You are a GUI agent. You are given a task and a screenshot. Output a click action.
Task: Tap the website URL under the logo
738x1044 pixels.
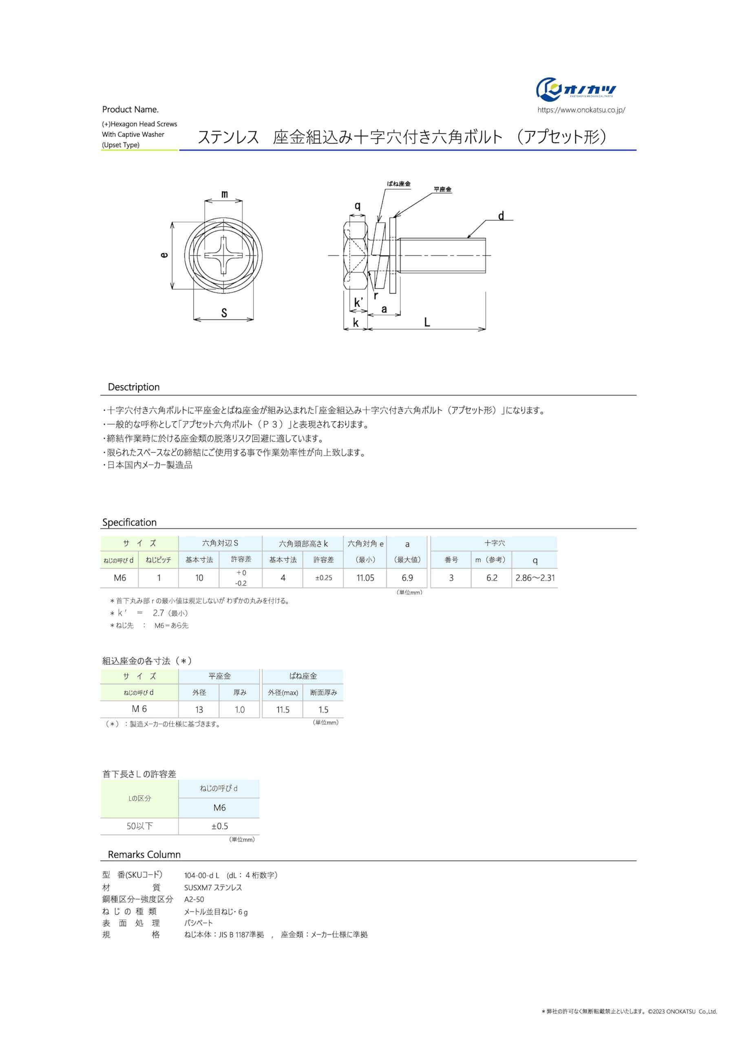tap(581, 110)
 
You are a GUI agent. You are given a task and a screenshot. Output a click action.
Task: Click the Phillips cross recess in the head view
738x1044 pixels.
tap(223, 256)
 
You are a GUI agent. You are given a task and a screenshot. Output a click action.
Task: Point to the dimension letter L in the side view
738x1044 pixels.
tap(426, 323)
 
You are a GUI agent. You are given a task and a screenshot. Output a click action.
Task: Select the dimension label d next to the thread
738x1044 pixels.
tap(501, 216)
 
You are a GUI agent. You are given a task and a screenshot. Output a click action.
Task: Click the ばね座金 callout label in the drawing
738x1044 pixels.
tap(398, 184)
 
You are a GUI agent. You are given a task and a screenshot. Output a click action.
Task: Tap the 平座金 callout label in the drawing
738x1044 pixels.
tap(442, 189)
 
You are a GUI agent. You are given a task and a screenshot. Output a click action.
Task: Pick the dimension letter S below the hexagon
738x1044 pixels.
tap(224, 313)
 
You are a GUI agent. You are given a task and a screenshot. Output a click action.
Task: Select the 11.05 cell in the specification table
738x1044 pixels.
tap(365, 578)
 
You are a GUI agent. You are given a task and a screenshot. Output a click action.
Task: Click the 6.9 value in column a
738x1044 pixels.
tap(407, 578)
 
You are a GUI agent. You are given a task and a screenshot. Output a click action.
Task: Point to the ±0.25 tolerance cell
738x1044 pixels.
tap(323, 578)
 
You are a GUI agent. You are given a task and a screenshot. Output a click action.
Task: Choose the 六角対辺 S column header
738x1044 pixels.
tap(220, 543)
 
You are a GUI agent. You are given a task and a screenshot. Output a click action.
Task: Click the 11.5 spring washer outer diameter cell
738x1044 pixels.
tap(283, 709)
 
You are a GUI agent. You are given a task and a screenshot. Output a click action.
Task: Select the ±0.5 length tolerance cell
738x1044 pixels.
tap(219, 826)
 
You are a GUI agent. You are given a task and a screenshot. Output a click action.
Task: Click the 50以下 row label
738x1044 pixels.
tap(139, 826)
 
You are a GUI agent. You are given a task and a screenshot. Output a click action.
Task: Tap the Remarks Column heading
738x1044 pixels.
tap(144, 854)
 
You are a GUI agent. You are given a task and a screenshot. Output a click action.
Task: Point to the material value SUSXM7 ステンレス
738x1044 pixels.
tap(213, 887)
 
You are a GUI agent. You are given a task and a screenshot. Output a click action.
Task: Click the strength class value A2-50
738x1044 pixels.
tap(194, 899)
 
